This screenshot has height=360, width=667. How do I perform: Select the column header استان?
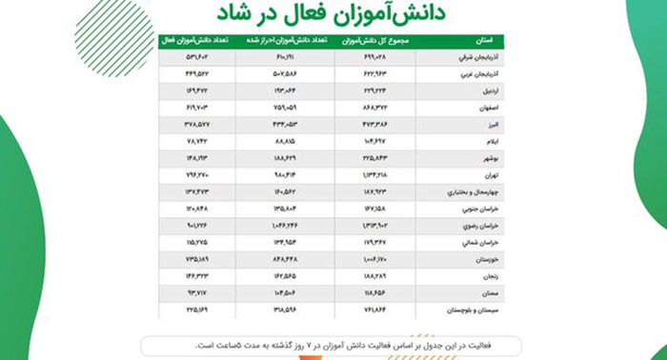482,40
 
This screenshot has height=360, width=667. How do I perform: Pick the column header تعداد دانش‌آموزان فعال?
190,40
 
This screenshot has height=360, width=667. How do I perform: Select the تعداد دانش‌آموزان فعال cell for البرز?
191,125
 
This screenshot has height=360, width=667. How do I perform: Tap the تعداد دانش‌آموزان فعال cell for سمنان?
191,293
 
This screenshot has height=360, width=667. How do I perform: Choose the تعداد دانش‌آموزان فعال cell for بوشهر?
191,158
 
